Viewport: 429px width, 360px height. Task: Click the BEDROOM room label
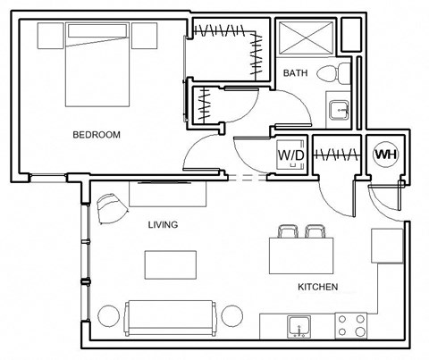[97, 135]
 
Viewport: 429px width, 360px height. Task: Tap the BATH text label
[296, 72]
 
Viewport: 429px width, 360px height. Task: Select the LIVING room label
[163, 225]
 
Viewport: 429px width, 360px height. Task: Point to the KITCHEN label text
[317, 287]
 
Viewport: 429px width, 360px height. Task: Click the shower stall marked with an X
[304, 38]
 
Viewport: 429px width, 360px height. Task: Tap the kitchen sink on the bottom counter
[297, 325]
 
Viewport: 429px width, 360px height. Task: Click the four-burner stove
[350, 325]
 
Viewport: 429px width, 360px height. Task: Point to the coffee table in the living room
[171, 264]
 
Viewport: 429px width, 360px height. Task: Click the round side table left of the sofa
[108, 316]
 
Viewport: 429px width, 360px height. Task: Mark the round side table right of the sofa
[231, 316]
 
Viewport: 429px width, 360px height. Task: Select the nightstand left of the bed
[51, 37]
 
